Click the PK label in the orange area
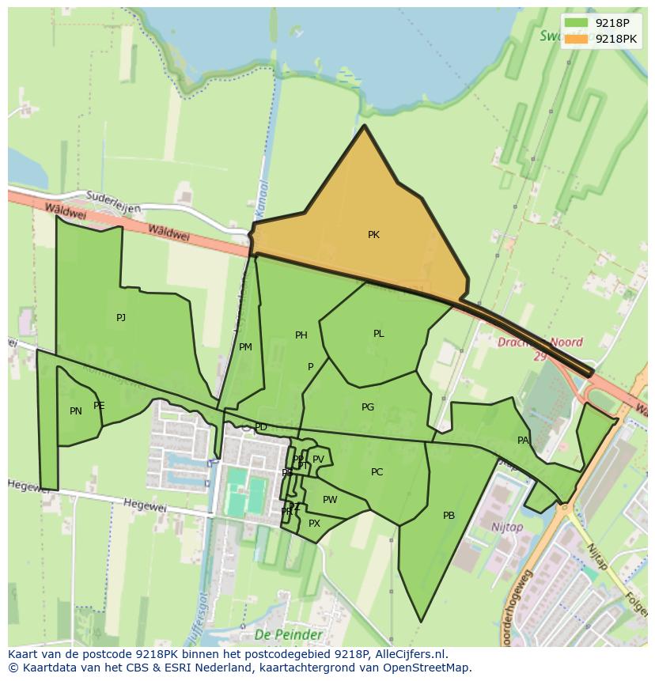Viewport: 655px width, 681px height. click(373, 235)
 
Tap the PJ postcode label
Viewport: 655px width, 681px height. click(121, 318)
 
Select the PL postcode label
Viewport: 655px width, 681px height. click(378, 334)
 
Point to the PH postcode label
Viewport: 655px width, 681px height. click(301, 335)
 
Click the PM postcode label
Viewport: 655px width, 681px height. click(245, 347)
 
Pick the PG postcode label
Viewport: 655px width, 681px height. click(367, 407)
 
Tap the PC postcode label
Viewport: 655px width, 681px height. click(377, 472)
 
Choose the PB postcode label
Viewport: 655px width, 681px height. click(449, 516)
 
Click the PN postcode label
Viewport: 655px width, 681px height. click(76, 411)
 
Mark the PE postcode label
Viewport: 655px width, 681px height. click(99, 406)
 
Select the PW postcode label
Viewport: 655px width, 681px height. click(330, 500)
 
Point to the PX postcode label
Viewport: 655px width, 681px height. click(314, 524)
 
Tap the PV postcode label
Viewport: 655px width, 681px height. click(318, 460)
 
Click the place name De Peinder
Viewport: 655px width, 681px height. click(288, 635)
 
